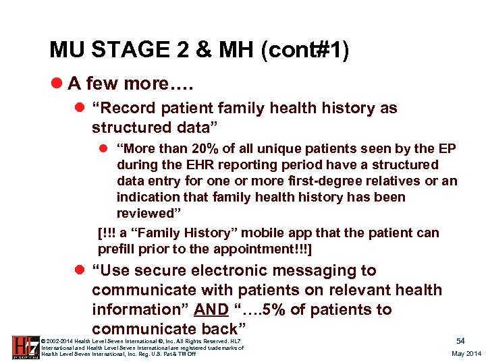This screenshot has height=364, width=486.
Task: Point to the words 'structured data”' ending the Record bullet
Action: pyautogui.click(x=143, y=127)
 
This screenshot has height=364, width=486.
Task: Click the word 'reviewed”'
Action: pyautogui.click(x=146, y=214)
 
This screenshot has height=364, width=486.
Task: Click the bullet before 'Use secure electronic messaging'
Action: pyautogui.click(x=80, y=271)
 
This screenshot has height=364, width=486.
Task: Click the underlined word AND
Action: pyautogui.click(x=211, y=310)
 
